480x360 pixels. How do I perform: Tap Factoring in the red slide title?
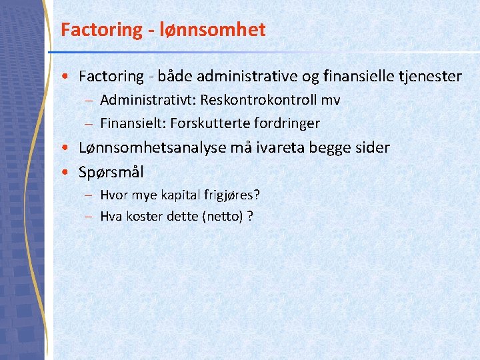pos(92,30)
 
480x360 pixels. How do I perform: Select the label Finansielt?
pos(133,123)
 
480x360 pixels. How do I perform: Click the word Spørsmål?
pos(111,172)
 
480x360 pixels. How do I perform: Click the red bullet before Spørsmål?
pos(69,172)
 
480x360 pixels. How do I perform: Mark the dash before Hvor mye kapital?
pos(89,195)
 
